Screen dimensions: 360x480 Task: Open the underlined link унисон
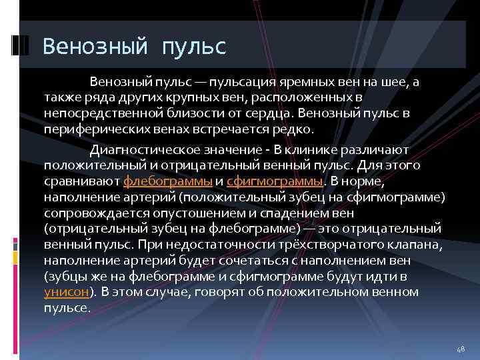(67, 291)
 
